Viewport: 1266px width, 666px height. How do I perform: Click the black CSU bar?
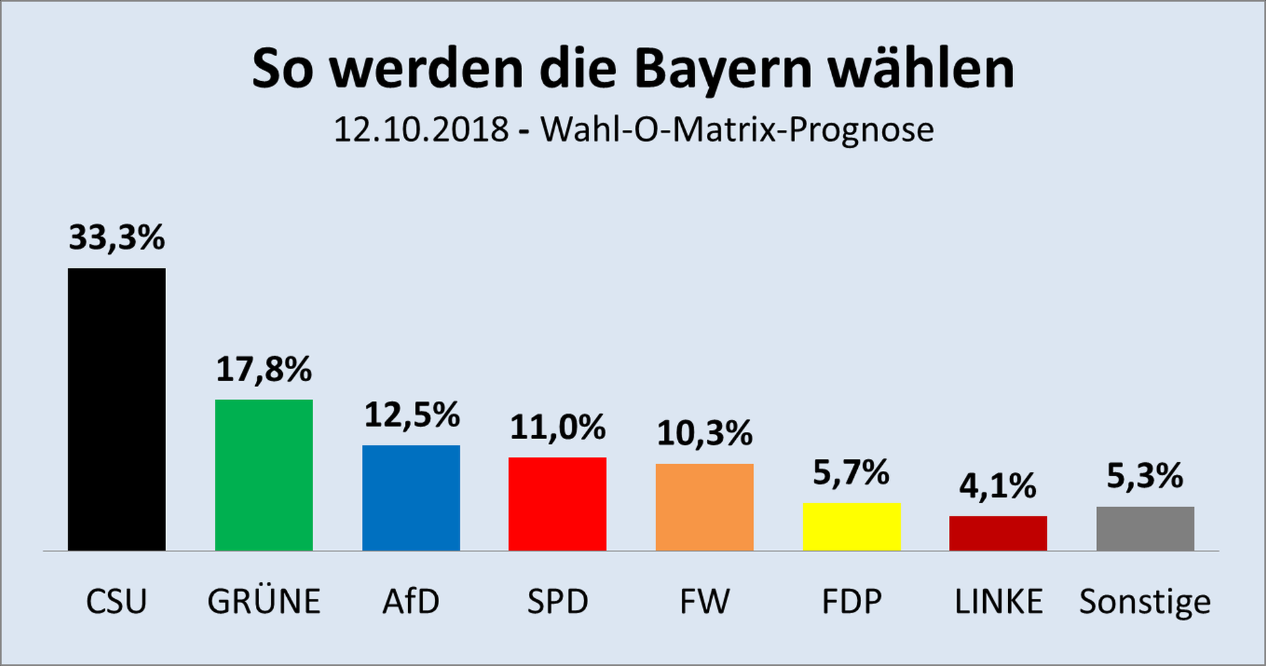pyautogui.click(x=117, y=409)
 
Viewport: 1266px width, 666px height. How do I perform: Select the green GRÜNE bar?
pyautogui.click(x=264, y=475)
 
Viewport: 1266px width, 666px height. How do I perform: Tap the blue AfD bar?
pyautogui.click(x=411, y=498)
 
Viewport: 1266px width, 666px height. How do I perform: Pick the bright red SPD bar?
pyautogui.click(x=557, y=504)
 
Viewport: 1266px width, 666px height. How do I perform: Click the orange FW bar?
pyautogui.click(x=704, y=507)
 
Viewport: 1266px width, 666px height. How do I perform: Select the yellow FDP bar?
pyautogui.click(x=851, y=527)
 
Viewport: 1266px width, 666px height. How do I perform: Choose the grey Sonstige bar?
pyautogui.click(x=1145, y=528)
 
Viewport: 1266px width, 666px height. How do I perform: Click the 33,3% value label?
pyautogui.click(x=117, y=237)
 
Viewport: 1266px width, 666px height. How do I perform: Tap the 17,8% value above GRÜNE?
pyautogui.click(x=264, y=369)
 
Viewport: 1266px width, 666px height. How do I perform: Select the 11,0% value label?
pyautogui.click(x=558, y=427)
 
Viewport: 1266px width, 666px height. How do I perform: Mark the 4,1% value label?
pyautogui.click(x=998, y=487)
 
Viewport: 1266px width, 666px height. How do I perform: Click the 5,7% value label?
pyautogui.click(x=851, y=473)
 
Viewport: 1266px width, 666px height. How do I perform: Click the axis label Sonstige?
pyautogui.click(x=1145, y=601)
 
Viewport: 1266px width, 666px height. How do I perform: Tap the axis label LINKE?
pyautogui.click(x=998, y=601)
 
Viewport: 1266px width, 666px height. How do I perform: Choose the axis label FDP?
pyautogui.click(x=851, y=601)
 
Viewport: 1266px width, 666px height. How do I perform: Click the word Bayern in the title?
pyautogui.click(x=723, y=69)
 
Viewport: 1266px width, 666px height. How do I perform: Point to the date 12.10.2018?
pyautogui.click(x=421, y=129)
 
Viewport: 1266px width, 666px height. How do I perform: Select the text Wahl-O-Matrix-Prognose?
pyautogui.click(x=737, y=129)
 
